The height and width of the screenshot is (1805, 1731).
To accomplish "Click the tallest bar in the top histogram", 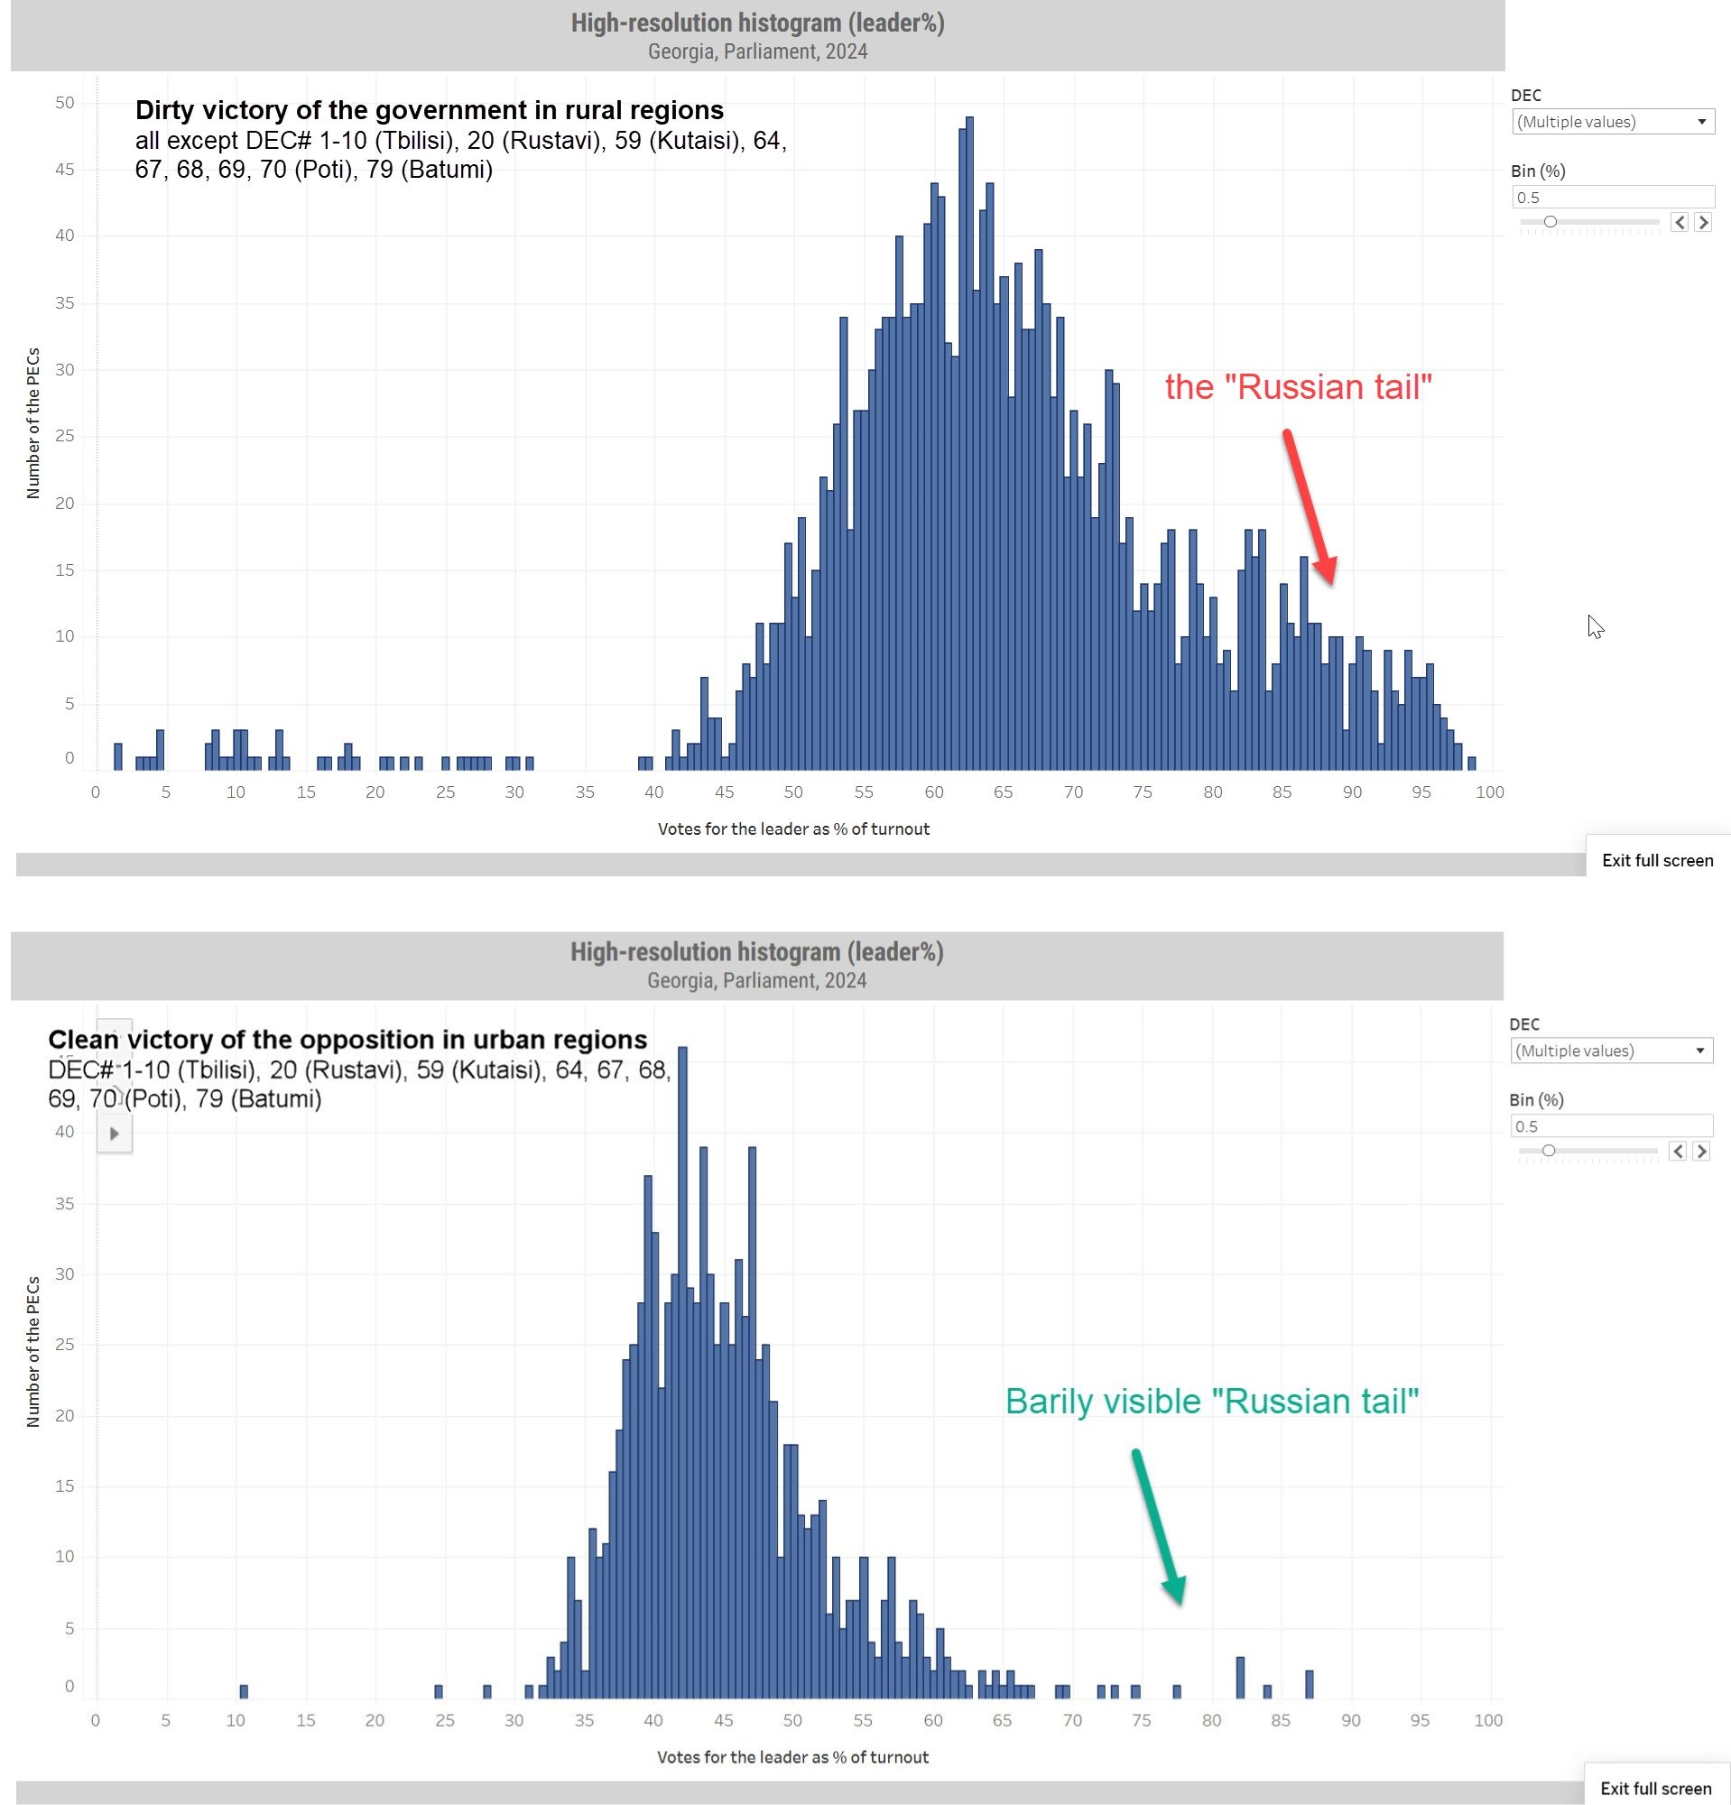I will [968, 442].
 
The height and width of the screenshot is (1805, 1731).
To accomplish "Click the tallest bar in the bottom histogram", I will [682, 1372].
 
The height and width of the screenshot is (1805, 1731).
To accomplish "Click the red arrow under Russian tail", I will [1309, 506].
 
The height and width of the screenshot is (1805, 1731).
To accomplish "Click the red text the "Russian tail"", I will [1297, 387].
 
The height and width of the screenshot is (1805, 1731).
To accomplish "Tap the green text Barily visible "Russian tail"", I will [1211, 1401].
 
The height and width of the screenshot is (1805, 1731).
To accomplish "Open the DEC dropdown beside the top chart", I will [1612, 122].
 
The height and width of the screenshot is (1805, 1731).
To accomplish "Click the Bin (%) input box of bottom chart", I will [1610, 1125].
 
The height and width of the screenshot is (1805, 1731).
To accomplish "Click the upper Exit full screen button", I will [1656, 860].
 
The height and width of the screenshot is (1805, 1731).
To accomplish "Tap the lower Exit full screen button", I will [1654, 1789].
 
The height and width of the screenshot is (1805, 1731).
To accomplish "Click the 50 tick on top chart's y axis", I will [64, 103].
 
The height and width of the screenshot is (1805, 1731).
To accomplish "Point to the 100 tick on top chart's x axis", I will [1489, 792].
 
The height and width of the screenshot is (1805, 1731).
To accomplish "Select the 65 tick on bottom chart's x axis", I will [1002, 1720].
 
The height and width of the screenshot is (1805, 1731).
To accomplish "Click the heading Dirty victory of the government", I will [429, 110].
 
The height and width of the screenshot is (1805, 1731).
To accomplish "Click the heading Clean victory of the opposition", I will [348, 1040].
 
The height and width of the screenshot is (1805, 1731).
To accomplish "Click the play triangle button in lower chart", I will [115, 1134].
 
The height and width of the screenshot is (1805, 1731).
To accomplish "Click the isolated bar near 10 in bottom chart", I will [243, 1690].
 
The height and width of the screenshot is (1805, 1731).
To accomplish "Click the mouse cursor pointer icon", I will [1595, 626].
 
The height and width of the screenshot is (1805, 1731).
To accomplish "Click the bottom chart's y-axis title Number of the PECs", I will [33, 1352].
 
